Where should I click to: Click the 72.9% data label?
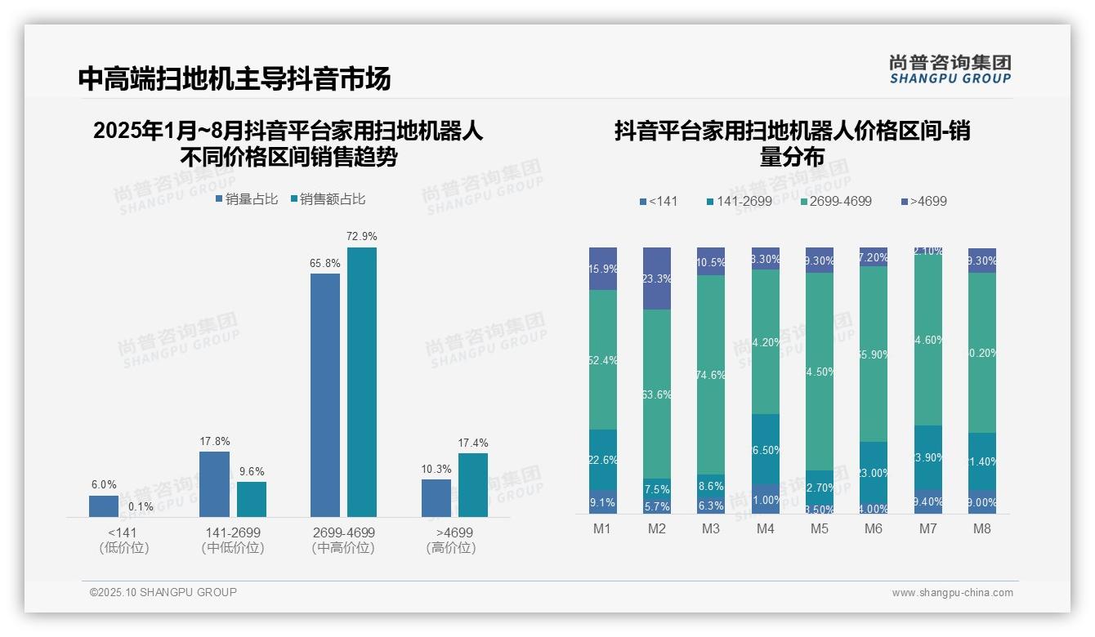362,236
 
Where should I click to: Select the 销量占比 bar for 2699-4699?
325,394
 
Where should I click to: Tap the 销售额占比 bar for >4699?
472,485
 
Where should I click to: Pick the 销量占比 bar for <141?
104,506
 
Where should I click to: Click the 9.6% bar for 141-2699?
252,499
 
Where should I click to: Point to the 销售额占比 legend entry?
328,198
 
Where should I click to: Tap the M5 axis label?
819,528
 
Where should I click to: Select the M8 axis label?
981,528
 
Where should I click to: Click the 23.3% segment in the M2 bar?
657,278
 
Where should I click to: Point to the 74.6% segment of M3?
711,375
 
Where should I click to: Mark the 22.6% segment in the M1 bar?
603,460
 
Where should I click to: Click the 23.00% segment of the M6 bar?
874,472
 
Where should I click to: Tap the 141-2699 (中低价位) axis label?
233,540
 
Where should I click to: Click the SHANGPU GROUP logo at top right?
950,69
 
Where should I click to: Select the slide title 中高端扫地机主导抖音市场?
235,78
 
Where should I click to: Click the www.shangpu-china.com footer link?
952,593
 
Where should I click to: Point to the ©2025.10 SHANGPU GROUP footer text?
163,592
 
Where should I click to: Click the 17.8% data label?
214,442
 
